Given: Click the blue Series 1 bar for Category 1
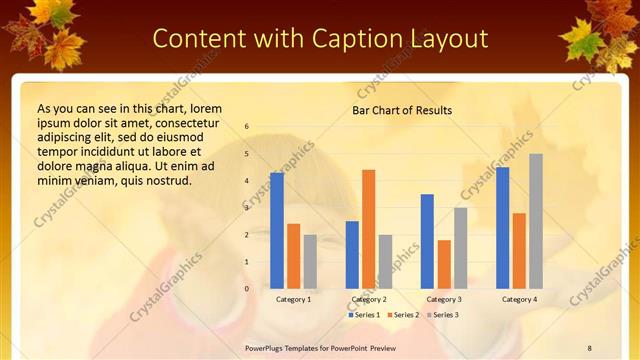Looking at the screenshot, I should pos(277,231).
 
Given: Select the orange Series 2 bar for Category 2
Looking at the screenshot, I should pos(369,229).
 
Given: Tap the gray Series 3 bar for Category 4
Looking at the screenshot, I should pos(536,221).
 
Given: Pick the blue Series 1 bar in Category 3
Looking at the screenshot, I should pos(427,241).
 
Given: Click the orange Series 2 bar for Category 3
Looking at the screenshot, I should pos(444,264).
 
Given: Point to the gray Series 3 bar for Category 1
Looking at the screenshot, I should pos(310,261).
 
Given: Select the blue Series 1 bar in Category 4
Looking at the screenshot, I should pos(503,228).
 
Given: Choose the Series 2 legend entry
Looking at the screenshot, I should pos(402,315).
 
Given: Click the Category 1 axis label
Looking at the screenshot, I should pos(293,299).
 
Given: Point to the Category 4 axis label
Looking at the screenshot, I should pos(519,299).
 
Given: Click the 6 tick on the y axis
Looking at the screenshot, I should pos(247,127).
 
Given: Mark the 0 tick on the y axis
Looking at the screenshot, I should pos(247,289).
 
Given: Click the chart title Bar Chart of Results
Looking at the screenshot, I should pos(402,110).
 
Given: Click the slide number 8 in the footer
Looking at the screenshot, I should pos(590,347).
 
